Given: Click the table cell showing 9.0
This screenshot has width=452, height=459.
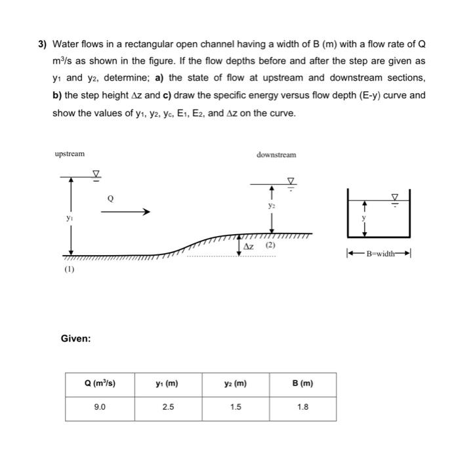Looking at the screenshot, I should [x=100, y=407].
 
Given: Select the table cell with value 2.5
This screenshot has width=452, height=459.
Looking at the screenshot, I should [x=169, y=407].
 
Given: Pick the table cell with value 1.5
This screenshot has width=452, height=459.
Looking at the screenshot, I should [x=236, y=407].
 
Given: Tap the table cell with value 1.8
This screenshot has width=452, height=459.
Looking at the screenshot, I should [x=302, y=407].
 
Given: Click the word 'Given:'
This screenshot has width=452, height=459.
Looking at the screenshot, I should [x=75, y=338].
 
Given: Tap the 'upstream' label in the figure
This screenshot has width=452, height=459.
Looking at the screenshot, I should [x=70, y=153].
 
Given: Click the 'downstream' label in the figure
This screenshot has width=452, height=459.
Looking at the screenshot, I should [x=276, y=155].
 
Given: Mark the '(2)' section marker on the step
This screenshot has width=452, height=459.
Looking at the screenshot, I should [x=269, y=245].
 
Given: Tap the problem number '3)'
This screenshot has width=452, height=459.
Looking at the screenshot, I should [x=42, y=45].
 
